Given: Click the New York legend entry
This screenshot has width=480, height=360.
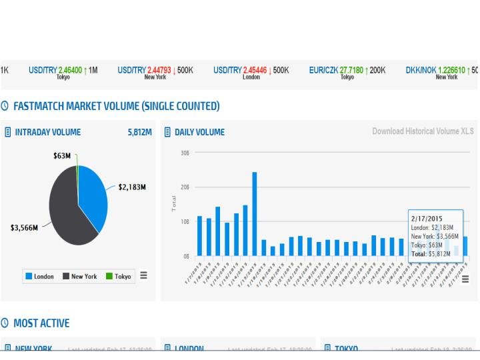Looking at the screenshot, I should (79, 276).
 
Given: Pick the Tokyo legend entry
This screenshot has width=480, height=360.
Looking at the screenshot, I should (118, 276).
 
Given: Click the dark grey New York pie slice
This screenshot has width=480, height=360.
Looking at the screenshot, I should (67, 213).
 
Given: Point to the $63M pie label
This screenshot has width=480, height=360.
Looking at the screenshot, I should (62, 155).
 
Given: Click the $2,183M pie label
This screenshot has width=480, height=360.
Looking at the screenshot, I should (132, 187).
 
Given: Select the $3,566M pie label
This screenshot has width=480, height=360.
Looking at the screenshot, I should (23, 227).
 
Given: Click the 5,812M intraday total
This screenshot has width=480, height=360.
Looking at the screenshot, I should (139, 132).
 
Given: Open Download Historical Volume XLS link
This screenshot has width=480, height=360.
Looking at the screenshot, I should (423, 131).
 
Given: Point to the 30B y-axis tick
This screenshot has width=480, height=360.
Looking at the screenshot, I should (185, 153).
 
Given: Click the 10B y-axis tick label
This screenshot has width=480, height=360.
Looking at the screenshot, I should (185, 221).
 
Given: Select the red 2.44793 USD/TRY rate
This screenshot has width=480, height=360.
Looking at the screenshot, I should (159, 69).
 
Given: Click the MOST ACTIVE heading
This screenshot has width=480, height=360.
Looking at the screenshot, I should (41, 323).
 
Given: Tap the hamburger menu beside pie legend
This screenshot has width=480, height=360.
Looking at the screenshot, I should (143, 275).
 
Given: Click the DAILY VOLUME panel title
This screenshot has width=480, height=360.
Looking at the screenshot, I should (199, 132).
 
